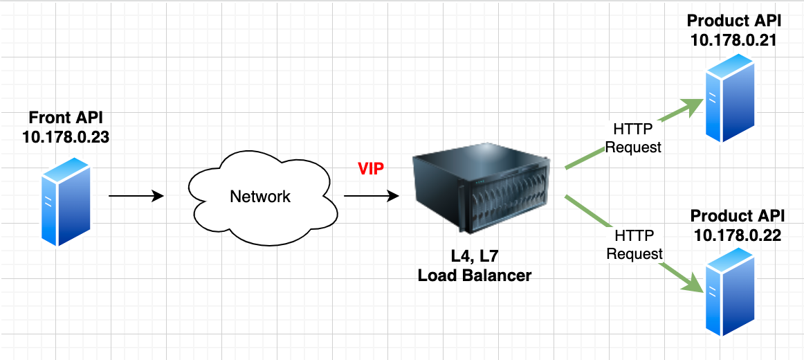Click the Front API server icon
click(x=66, y=201)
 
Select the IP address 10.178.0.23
click(x=66, y=137)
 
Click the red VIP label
click(x=371, y=169)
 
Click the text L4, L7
click(x=475, y=255)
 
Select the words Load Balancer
click(x=475, y=276)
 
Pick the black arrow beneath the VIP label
click(x=371, y=197)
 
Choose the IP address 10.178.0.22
click(x=736, y=235)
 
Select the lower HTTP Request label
click(x=634, y=245)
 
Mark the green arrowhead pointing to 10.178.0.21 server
click(x=692, y=106)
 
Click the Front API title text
click(x=66, y=118)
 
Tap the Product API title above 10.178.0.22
click(x=736, y=215)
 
